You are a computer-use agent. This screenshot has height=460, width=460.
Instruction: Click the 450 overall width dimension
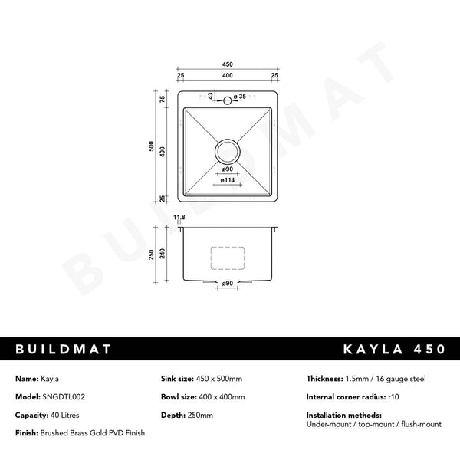(x=228, y=64)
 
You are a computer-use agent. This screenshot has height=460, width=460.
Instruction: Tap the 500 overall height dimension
(x=151, y=146)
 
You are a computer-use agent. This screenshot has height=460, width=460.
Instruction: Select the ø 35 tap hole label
(x=240, y=97)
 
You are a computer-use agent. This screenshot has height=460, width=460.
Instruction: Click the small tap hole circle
(x=228, y=100)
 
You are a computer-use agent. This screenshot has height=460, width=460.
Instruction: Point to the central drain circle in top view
(x=228, y=152)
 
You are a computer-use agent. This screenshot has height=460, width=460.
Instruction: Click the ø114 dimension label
(x=228, y=180)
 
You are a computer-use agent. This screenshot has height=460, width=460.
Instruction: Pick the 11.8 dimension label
(x=179, y=218)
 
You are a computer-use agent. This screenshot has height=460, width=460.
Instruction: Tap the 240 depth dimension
(x=163, y=254)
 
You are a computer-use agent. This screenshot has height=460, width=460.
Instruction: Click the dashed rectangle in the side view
(x=228, y=258)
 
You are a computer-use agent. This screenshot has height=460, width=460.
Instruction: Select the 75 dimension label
(x=163, y=99)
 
